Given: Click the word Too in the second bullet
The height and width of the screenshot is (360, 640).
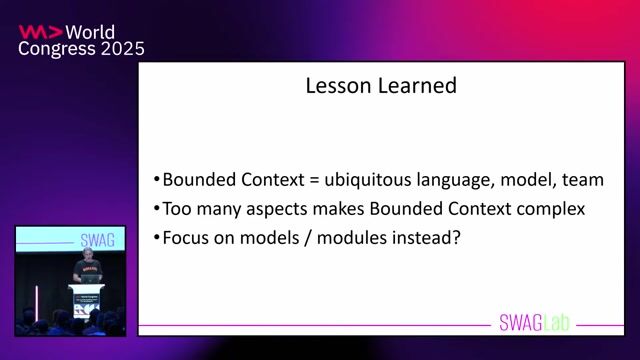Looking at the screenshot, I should pos(178,210).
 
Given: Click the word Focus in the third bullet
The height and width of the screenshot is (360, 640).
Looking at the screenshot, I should pos(185,239).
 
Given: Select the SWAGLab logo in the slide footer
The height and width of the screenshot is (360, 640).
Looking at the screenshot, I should pos(538,322).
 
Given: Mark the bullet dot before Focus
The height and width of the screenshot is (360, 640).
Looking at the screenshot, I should pos(157,239).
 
